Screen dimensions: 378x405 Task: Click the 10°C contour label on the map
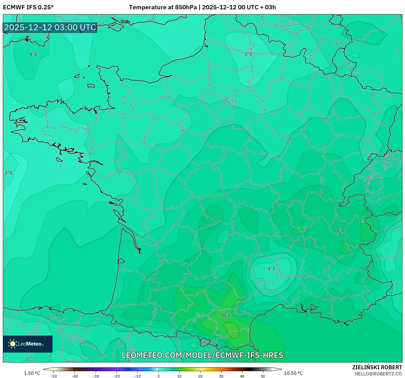tap(226, 316)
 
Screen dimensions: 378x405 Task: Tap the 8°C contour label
tap(341, 231)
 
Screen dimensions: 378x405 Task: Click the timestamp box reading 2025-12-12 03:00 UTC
tap(50, 27)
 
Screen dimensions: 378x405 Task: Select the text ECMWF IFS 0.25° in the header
tap(28, 7)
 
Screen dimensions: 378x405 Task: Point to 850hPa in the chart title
tap(186, 7)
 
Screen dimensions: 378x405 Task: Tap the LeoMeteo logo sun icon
tap(12, 344)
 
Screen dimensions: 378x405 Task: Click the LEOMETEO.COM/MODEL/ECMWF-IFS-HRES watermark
tap(202, 355)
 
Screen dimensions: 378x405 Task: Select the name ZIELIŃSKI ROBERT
tap(377, 367)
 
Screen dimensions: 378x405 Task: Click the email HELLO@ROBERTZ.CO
tap(378, 374)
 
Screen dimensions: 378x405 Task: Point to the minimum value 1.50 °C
tap(32, 373)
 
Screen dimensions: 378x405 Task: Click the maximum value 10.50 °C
tap(293, 373)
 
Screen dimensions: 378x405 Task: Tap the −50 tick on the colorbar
tap(54, 376)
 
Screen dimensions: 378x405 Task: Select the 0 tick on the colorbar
tap(159, 376)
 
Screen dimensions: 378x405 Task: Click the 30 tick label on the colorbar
tap(221, 376)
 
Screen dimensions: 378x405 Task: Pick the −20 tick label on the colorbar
tap(117, 376)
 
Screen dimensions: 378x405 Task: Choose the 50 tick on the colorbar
tap(263, 376)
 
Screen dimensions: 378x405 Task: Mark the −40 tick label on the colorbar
tap(75, 376)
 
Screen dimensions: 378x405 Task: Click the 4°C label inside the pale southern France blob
tap(272, 268)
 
